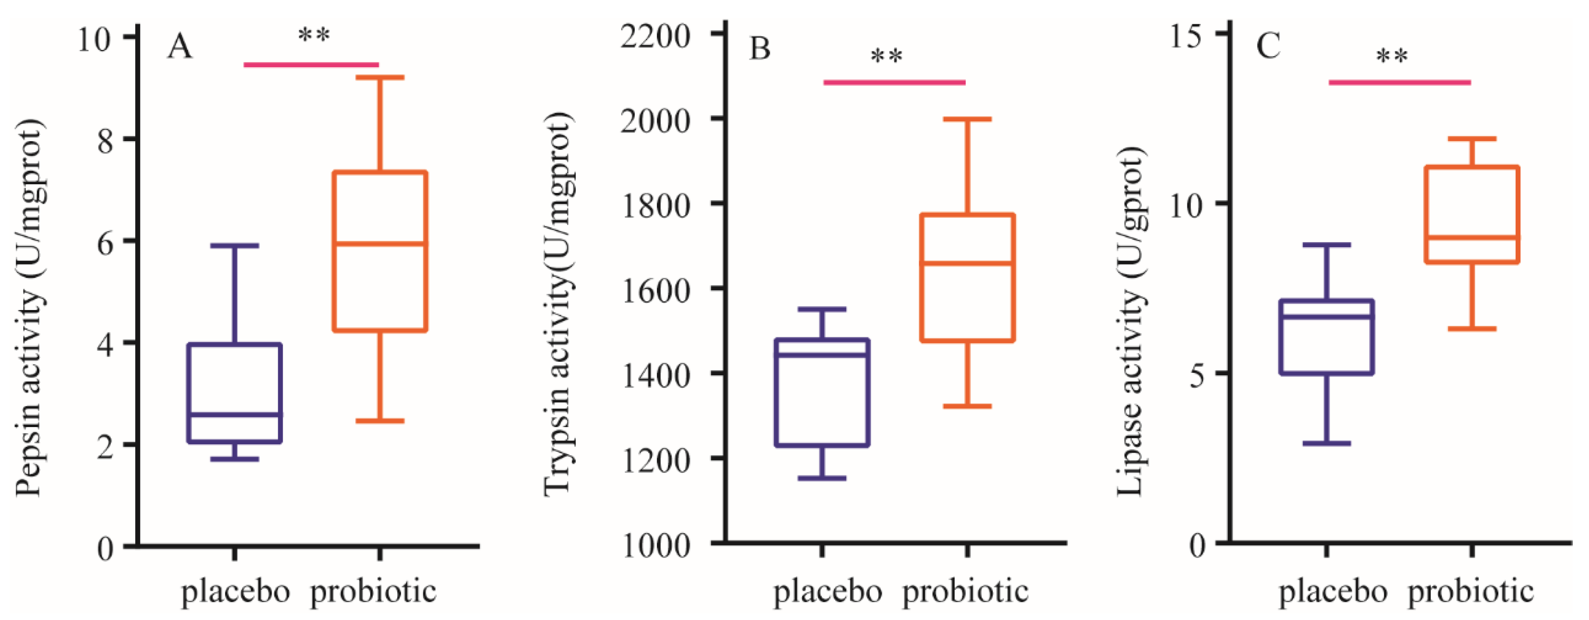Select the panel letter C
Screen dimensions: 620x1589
[x=1269, y=46]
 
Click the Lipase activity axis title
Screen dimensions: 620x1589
[x=1131, y=321]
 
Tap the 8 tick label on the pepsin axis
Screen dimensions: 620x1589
[x=106, y=141]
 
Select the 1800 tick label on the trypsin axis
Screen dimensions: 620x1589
[x=655, y=205]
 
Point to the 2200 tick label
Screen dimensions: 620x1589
[x=655, y=36]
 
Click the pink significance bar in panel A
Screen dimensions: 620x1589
[x=311, y=64]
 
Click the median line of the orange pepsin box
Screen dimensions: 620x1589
[x=380, y=244]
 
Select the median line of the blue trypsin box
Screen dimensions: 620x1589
[x=822, y=355]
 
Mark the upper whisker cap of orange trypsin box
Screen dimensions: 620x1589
[x=967, y=119]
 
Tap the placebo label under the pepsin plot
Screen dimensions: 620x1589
[x=235, y=592]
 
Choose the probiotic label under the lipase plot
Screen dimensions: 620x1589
[x=1470, y=592]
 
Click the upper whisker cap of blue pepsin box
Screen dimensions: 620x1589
[x=235, y=246]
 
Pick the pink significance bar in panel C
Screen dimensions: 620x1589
[x=1399, y=82]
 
